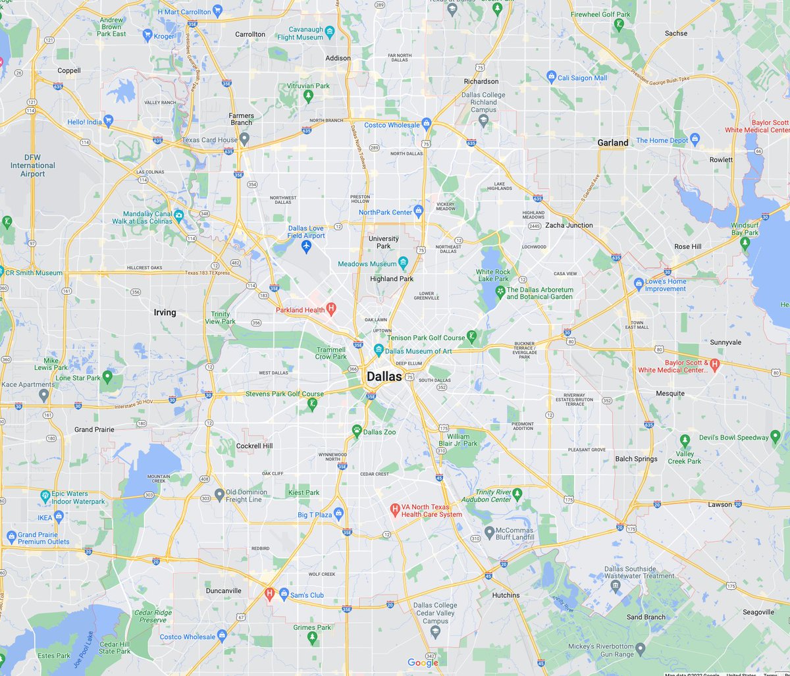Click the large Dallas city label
384,377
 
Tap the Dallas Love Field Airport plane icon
305,246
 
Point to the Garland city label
612,142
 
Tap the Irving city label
165,313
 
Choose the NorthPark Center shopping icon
418,211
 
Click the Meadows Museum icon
403,264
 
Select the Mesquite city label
670,394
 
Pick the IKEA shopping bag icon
59,515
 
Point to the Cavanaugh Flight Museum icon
330,31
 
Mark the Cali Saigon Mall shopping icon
551,78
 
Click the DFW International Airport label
32,165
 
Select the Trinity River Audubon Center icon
518,493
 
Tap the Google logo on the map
423,663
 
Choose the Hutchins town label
506,595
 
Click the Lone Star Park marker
107,378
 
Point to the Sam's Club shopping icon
284,594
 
